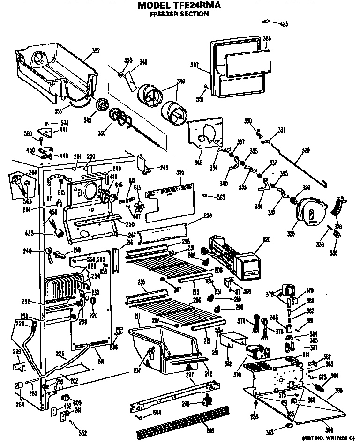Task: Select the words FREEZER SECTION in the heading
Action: pyautogui.click(x=179, y=14)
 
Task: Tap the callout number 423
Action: pyautogui.click(x=283, y=23)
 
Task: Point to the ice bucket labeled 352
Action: pyautogui.click(x=56, y=66)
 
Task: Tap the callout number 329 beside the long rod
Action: pyautogui.click(x=306, y=150)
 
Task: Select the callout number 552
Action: pyautogui.click(x=83, y=433)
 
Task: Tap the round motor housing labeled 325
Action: pyautogui.click(x=310, y=213)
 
